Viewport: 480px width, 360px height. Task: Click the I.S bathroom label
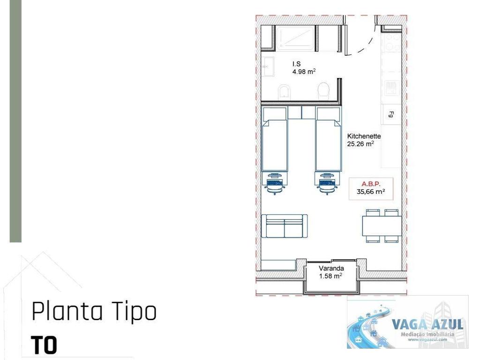(x=296, y=64)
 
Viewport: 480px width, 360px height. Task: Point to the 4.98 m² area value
(x=304, y=72)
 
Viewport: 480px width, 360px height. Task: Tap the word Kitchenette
(x=364, y=136)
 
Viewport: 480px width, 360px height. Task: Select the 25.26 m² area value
(x=360, y=144)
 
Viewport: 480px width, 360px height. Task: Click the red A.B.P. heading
(x=370, y=183)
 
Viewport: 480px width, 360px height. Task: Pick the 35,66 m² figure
(x=370, y=191)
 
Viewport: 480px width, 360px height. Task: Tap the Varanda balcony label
(x=331, y=269)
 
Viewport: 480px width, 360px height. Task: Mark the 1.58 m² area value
(x=330, y=276)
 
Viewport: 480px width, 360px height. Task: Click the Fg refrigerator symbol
(x=391, y=114)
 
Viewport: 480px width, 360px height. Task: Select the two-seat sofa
(x=284, y=226)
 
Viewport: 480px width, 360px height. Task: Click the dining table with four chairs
(x=382, y=226)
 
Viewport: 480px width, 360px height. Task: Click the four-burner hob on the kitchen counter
(x=391, y=86)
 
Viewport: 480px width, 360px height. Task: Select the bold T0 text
(x=44, y=345)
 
